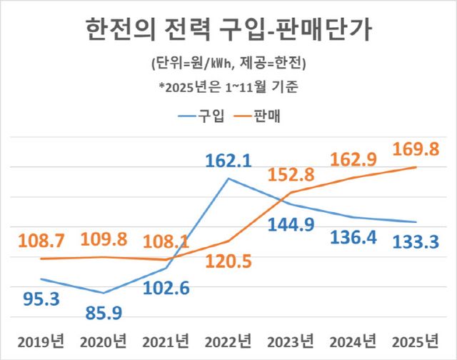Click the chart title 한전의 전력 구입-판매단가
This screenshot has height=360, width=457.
[228, 30]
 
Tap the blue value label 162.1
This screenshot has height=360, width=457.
[226, 162]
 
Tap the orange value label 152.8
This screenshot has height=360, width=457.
[290, 173]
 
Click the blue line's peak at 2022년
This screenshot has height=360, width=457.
[228, 178]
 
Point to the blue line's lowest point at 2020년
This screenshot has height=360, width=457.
[104, 293]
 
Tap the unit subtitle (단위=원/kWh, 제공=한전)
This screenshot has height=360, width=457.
[228, 66]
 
